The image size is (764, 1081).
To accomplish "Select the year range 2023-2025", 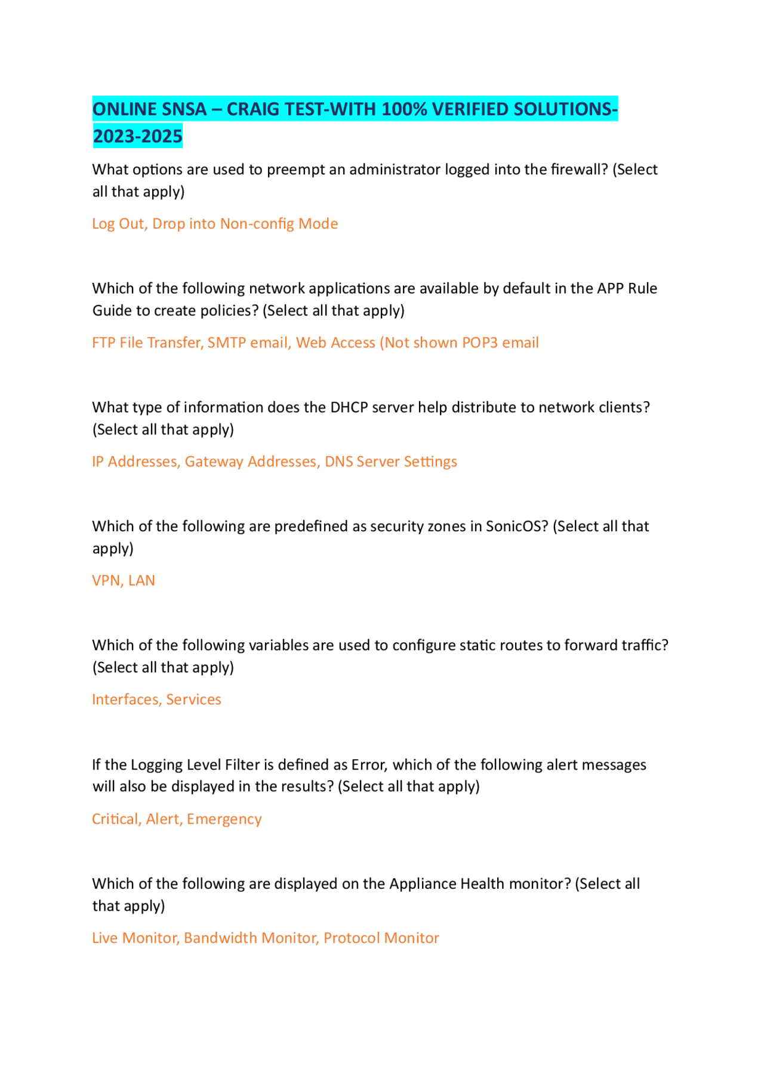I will (138, 137).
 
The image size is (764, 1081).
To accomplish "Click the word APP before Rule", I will (610, 288).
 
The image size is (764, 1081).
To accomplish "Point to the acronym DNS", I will (338, 461).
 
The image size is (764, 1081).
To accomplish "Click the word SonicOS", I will (516, 526).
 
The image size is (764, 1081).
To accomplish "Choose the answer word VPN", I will (106, 581).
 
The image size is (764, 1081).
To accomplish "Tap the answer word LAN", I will (141, 581).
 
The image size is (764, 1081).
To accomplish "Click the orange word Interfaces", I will (126, 700).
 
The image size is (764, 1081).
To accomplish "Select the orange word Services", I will (193, 700).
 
